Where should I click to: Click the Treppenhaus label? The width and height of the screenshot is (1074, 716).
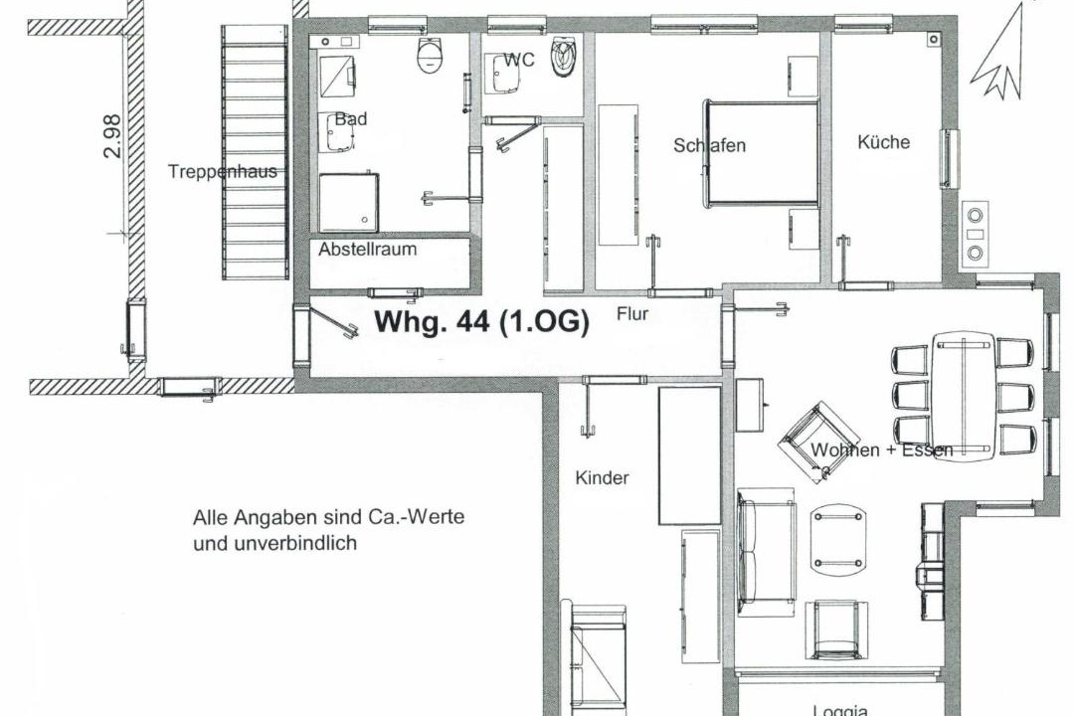[223, 171]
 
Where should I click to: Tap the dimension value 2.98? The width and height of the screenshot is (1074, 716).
[111, 136]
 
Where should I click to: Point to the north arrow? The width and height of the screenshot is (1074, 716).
[1001, 52]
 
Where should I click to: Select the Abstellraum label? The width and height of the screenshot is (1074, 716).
[367, 249]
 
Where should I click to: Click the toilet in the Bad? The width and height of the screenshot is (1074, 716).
[431, 54]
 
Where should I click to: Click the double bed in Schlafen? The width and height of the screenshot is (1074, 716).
[763, 153]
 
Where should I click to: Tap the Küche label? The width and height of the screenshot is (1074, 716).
[884, 142]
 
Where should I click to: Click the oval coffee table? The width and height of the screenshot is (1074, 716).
[838, 539]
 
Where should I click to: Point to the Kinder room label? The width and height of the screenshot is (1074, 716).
[602, 477]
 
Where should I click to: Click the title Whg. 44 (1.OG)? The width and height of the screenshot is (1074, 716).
[481, 321]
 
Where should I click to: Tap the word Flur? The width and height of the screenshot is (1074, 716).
[632, 314]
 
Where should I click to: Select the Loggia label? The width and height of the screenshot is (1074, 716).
[840, 710]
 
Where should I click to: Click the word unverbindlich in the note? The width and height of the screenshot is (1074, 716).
[274, 543]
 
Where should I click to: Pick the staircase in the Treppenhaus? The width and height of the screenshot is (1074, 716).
[255, 152]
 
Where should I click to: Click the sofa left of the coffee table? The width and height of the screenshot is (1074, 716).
[767, 552]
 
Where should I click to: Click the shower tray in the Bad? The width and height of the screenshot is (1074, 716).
[349, 202]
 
